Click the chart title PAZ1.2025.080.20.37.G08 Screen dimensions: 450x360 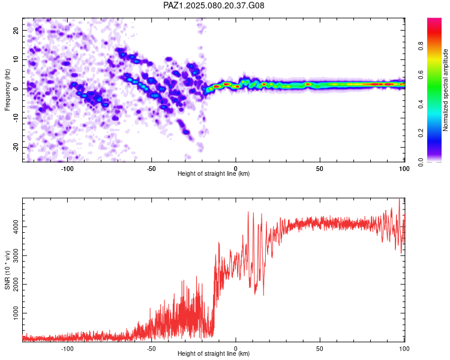[214, 5]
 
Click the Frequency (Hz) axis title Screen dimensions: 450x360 [7, 90]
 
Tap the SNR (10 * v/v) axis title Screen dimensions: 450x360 [7, 270]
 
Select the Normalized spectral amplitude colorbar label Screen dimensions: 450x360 [445, 90]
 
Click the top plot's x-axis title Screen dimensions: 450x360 [214, 173]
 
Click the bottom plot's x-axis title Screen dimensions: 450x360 [214, 353]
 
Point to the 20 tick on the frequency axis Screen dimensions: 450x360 [16, 30]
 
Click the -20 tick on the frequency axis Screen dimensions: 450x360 [16, 147]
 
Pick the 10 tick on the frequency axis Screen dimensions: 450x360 [16, 59]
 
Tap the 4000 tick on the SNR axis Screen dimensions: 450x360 [16, 227]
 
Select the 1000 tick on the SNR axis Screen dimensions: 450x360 [16, 313]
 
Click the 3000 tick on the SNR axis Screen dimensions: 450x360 [16, 256]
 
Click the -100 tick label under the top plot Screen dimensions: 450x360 [67, 169]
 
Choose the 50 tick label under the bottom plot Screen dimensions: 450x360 [320, 349]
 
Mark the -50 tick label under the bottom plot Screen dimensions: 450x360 [151, 349]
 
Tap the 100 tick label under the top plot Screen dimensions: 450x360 [404, 169]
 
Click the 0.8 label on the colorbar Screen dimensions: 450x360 [421, 46]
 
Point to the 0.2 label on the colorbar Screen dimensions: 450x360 [421, 133]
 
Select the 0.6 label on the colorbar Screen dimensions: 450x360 [421, 75]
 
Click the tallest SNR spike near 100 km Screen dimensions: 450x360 [399, 199]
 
